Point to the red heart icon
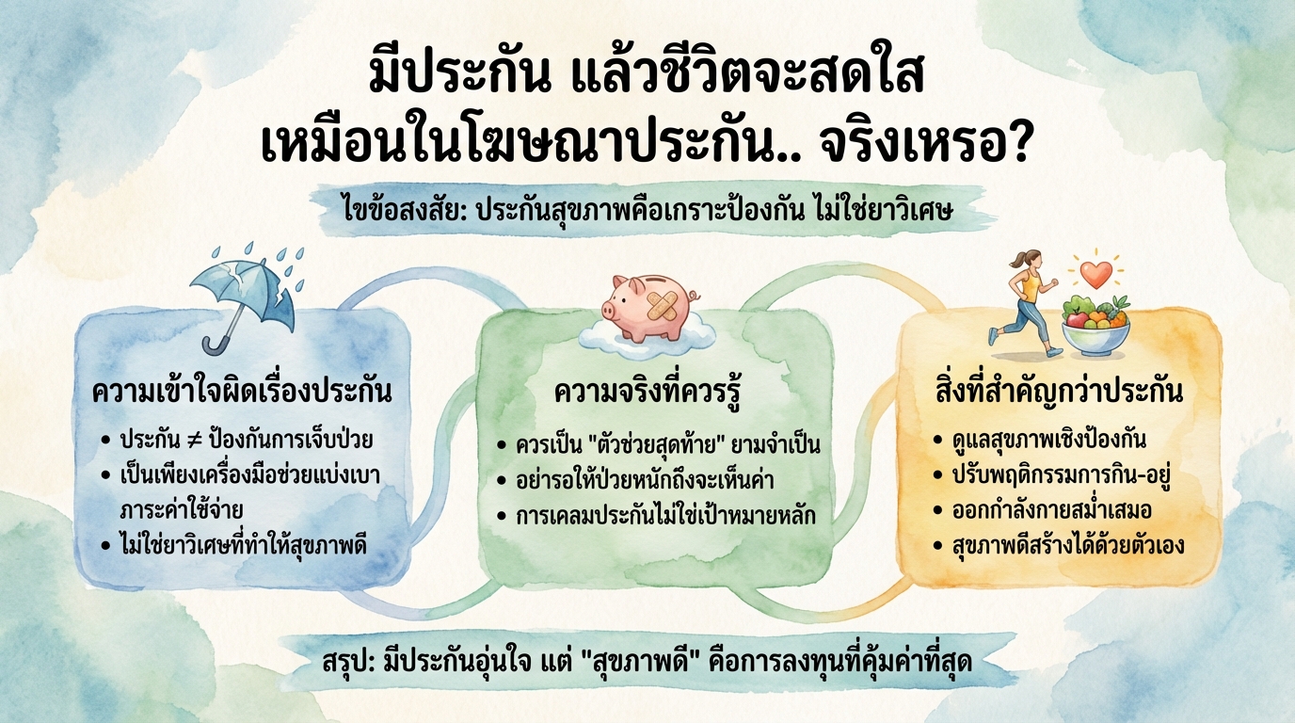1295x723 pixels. pos(1095,273)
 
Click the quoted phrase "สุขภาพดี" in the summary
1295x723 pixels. pos(670,662)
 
